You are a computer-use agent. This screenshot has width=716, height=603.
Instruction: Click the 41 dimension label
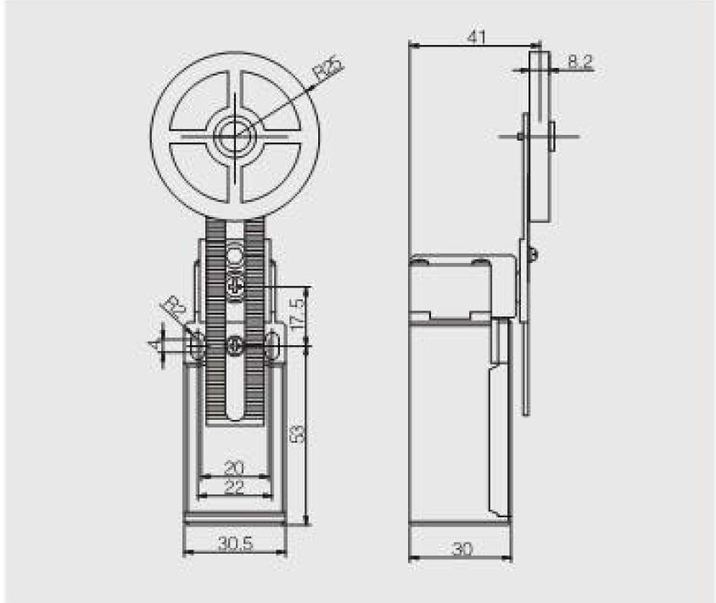point(476,36)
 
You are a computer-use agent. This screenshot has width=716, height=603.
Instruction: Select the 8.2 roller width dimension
point(580,61)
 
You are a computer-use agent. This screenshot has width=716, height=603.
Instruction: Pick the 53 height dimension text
point(297,433)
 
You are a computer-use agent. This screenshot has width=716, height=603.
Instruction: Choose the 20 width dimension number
point(234,468)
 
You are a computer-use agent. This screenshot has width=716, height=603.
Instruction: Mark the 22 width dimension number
point(234,488)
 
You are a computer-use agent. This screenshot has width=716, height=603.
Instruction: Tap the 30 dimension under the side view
point(462,549)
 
